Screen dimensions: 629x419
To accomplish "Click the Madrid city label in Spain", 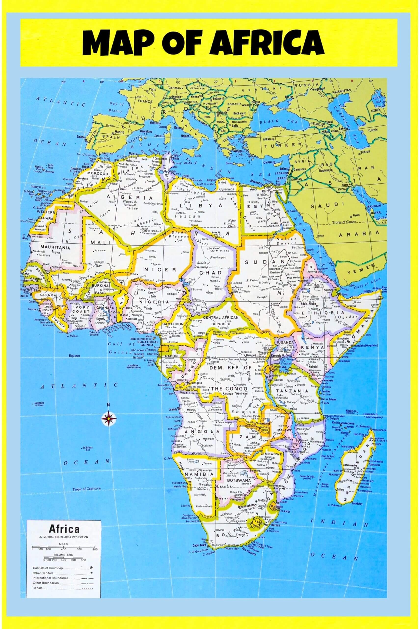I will (x=119, y=132).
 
